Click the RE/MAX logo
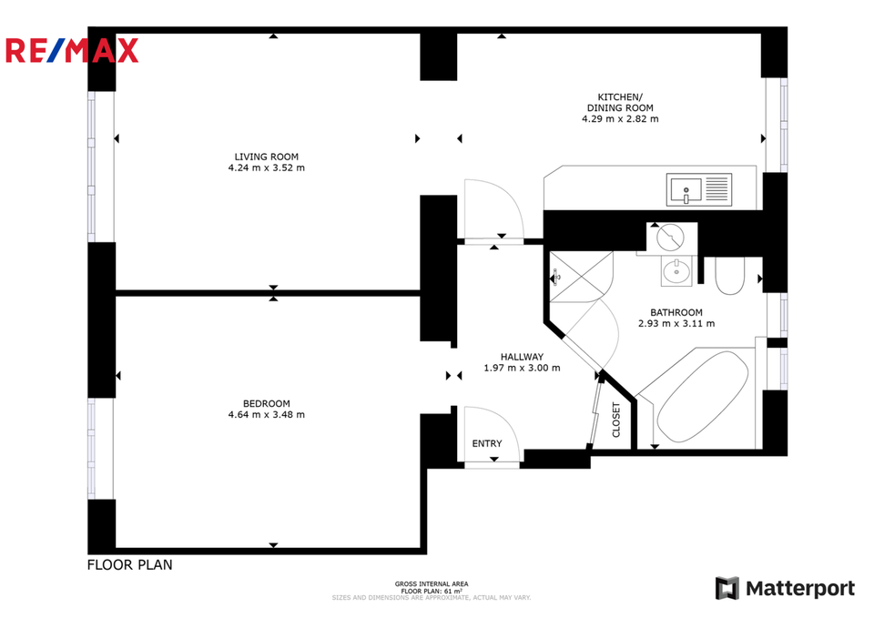click(x=72, y=50)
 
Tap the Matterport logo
click(x=785, y=589)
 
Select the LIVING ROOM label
click(x=267, y=157)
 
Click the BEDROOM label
click(x=267, y=404)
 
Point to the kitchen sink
click(x=699, y=189)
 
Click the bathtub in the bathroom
click(x=702, y=397)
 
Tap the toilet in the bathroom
click(x=729, y=276)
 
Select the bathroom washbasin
click(x=676, y=271)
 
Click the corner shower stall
click(x=582, y=277)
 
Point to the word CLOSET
click(x=616, y=420)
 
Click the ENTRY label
click(x=487, y=443)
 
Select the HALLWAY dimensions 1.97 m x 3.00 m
click(x=523, y=368)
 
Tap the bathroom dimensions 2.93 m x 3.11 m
click(x=676, y=323)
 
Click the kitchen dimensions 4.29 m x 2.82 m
click(x=620, y=118)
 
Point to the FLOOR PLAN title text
click(x=130, y=565)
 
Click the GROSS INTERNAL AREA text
click(x=432, y=584)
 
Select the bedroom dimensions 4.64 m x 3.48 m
click(x=267, y=415)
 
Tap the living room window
click(x=92, y=167)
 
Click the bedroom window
click(x=92, y=449)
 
